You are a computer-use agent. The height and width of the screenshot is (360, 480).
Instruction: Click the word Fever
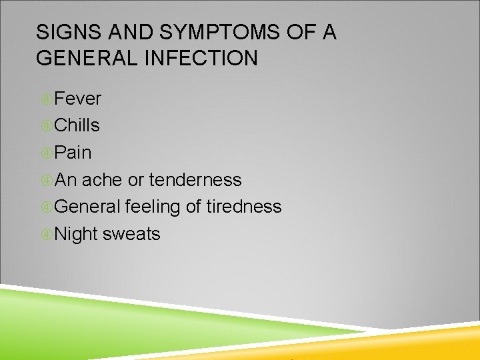pyautogui.click(x=78, y=99)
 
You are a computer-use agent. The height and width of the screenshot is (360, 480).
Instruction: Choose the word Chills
pyautogui.click(x=77, y=125)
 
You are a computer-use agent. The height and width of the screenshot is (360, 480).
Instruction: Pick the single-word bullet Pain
pyautogui.click(x=73, y=153)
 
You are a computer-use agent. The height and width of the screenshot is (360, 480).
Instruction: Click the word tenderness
pyautogui.click(x=195, y=180)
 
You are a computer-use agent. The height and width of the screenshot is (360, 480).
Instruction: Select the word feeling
pyautogui.click(x=153, y=207)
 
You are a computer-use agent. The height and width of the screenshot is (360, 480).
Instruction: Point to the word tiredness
pyautogui.click(x=243, y=207)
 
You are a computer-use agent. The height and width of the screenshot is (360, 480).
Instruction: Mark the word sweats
pyautogui.click(x=131, y=235)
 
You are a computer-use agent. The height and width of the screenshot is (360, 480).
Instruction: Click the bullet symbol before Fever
pyautogui.click(x=46, y=99)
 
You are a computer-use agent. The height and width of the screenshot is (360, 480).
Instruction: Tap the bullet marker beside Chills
pyautogui.click(x=46, y=126)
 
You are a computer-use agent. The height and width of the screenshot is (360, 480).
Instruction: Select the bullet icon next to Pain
pyautogui.click(x=46, y=153)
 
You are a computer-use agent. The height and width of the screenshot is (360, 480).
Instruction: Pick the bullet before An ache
pyautogui.click(x=46, y=181)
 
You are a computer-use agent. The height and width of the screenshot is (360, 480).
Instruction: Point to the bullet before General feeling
pyautogui.click(x=46, y=207)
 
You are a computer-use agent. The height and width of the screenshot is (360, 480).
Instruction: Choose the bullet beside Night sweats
pyautogui.click(x=46, y=235)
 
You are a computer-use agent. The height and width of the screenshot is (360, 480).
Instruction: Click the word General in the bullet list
pyautogui.click(x=87, y=207)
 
